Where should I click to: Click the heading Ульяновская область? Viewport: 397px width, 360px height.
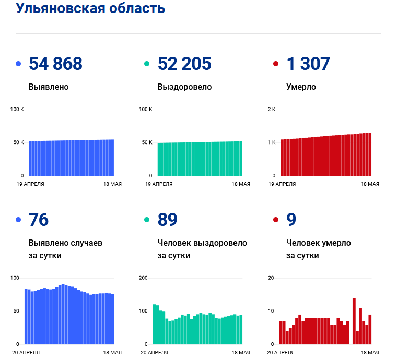(90, 9)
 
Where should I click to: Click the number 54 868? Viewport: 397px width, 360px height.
(55, 64)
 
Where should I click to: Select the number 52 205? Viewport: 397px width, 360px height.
(184, 64)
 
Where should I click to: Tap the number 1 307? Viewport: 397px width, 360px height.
(308, 64)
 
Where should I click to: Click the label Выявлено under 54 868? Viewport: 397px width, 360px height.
(49, 87)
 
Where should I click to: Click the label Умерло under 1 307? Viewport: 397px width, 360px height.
(301, 87)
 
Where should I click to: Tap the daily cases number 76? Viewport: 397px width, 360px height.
(39, 220)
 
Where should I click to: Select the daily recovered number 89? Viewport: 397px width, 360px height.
(167, 220)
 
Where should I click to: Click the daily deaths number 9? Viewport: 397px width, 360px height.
(291, 220)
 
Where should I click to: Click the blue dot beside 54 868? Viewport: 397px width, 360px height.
(18, 64)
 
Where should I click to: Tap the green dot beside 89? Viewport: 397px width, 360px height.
(147, 220)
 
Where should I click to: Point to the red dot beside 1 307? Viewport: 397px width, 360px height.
(276, 64)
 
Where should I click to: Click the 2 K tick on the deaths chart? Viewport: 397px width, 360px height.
(271, 109)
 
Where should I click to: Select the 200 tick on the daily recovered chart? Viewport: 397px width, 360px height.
(143, 278)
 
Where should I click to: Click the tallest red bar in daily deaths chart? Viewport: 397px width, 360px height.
(354, 321)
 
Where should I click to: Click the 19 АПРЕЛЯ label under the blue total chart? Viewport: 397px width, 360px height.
(30, 184)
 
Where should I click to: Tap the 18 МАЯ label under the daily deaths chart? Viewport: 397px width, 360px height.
(369, 353)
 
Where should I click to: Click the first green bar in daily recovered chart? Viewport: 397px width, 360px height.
(155, 324)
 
